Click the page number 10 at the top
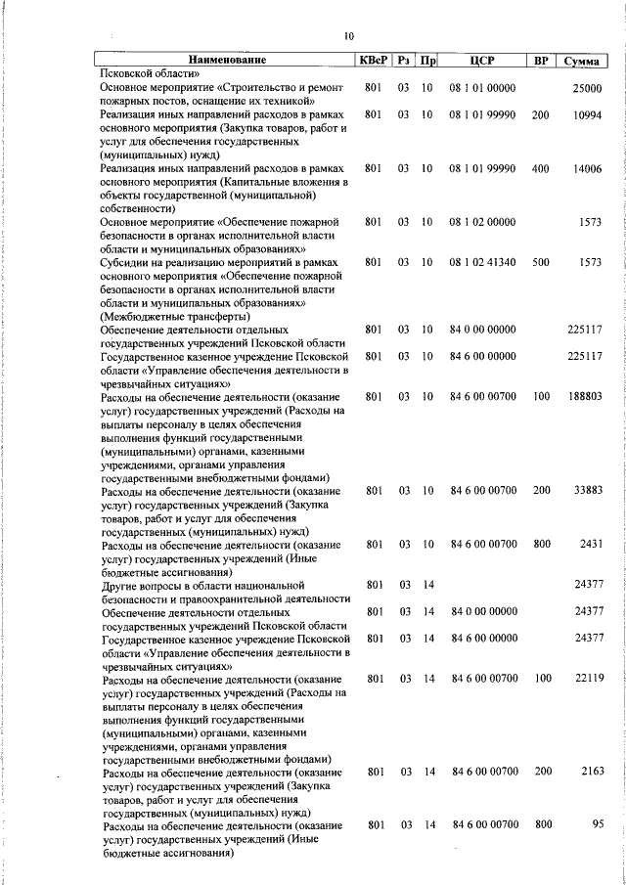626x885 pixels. click(x=348, y=36)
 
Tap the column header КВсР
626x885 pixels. click(x=373, y=62)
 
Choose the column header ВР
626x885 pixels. click(x=540, y=62)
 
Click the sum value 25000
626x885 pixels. click(x=587, y=88)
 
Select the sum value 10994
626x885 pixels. click(x=587, y=114)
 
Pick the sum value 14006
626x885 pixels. click(x=587, y=168)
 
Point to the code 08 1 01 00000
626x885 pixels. click(x=482, y=88)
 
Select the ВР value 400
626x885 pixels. click(x=540, y=168)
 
